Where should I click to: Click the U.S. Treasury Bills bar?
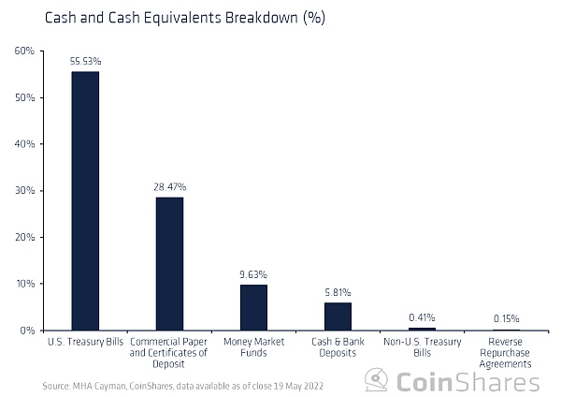tap(85, 200)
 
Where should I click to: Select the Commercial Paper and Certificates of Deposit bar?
tap(169, 263)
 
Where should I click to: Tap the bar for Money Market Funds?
tap(253, 307)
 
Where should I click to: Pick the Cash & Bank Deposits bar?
tap(338, 316)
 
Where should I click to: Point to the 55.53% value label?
tap(85, 61)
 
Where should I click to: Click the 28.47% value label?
tap(169, 187)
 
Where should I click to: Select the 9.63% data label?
tap(253, 274)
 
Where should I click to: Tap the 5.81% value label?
tap(338, 292)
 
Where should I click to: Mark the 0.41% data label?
tap(422, 317)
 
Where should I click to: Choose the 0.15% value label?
tap(506, 318)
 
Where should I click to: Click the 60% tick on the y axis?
tap(24, 51)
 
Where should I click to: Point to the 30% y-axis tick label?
tap(24, 190)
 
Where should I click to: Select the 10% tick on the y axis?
tap(24, 284)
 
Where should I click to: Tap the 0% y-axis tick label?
tap(27, 330)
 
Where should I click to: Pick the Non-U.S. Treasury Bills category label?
tap(422, 347)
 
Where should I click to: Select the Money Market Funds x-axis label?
tap(253, 347)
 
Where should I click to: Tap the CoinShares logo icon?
tap(376, 380)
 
